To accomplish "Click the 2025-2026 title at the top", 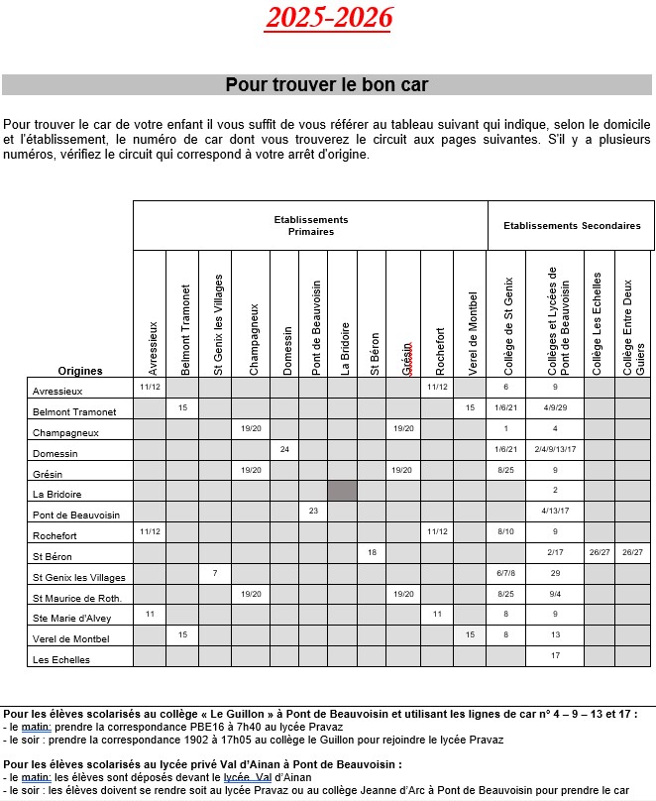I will point(329,17).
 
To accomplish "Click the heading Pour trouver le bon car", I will point(327,84).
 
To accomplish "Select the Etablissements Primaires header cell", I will point(310,225).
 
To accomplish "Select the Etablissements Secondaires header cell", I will point(572,225).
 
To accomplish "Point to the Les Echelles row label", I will point(61,659).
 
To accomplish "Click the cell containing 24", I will point(284,449).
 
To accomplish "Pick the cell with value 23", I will point(313,511).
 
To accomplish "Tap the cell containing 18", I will point(372,551).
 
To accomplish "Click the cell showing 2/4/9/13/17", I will point(555,449).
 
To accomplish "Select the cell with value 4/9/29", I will point(555,407).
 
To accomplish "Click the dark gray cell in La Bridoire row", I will point(342,490).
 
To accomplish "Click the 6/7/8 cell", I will point(505,573).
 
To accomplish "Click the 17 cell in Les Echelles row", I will point(555,655).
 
